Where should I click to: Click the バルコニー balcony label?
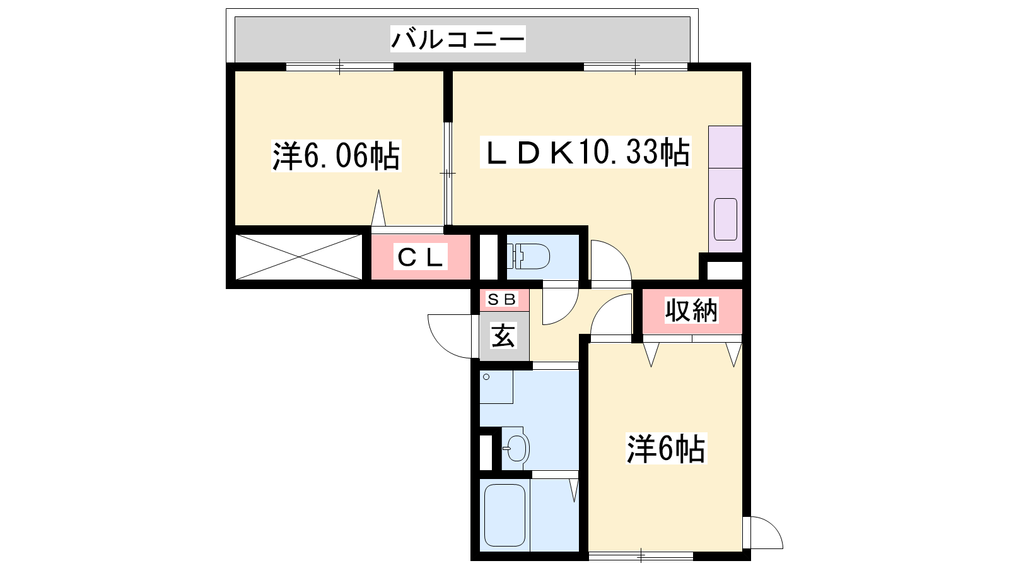tap(458, 38)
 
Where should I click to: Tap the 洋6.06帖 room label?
tap(336, 156)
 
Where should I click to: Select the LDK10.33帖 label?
tap(586, 152)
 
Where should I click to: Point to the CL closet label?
tap(420, 257)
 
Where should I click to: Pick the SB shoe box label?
tap(501, 299)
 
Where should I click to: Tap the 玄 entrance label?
tap(504, 336)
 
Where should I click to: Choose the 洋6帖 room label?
tap(666, 449)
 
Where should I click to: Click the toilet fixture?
tap(528, 256)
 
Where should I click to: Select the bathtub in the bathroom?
tap(504, 515)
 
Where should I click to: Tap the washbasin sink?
tap(515, 449)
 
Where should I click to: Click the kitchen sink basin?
tap(725, 219)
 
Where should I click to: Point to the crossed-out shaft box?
tap(299, 257)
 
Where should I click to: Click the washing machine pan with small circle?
tap(496, 387)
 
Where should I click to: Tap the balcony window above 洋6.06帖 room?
tap(340, 67)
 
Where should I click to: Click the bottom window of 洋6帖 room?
tap(641, 556)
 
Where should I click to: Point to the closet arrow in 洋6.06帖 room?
tap(378, 208)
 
